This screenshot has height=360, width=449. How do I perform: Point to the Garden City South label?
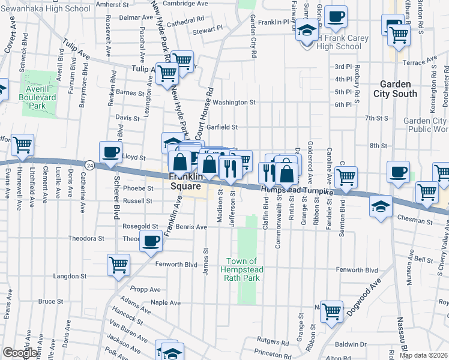point(396,89)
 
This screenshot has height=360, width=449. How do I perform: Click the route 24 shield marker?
point(89,164)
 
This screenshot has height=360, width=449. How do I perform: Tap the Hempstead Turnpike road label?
point(298,190)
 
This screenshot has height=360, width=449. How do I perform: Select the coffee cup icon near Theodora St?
point(151,241)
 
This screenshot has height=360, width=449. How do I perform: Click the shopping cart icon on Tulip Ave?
point(167,73)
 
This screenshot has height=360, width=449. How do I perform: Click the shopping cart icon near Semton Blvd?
point(346,177)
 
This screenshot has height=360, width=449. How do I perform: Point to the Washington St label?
point(234,102)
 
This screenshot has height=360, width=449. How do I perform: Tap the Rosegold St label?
point(140,227)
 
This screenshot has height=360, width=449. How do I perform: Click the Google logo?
point(20,353)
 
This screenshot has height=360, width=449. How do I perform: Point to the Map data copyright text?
point(423,355)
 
